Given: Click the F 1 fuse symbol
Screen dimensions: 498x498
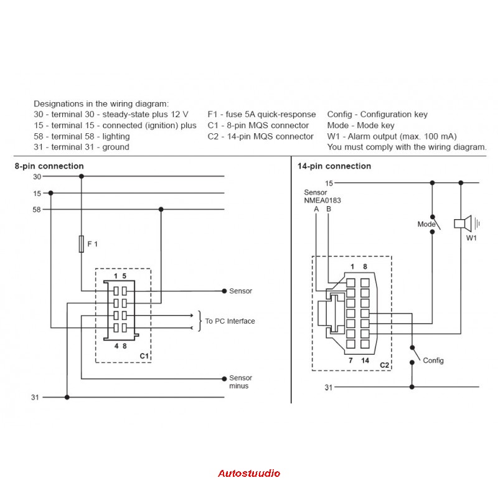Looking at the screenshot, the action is tap(82, 244).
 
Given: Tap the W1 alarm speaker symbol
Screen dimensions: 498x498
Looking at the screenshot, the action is tap(466, 223).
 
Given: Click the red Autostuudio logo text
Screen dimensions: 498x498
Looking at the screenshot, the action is tap(249, 473).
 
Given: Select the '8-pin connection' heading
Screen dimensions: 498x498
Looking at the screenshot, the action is tap(49, 166).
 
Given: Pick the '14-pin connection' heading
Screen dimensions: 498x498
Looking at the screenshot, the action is tap(334, 166).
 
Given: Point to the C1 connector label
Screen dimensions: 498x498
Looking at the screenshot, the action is tap(144, 356).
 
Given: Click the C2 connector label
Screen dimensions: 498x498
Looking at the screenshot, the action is tap(384, 365).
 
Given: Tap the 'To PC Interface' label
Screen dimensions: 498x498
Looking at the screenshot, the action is tap(230, 321).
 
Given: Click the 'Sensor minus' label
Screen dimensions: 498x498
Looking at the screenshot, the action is tap(240, 382).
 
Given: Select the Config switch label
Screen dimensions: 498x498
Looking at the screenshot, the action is tap(433, 360).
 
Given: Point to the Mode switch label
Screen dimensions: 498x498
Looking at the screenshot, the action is tap(426, 224).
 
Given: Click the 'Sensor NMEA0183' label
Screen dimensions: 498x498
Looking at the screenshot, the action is tap(322, 196).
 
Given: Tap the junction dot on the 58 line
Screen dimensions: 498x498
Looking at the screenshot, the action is tap(161, 209).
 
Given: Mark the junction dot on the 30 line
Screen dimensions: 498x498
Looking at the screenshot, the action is tap(82, 176).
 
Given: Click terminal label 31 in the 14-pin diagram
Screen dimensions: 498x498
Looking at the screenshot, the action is tap(329, 387).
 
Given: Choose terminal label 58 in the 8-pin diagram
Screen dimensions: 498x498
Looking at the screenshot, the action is tap(37, 210).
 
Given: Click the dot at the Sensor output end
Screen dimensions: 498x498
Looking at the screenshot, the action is tap(224, 291).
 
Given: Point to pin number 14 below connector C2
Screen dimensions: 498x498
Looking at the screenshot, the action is tap(365, 360).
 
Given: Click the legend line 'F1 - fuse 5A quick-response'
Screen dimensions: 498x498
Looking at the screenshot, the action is tap(261, 115).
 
